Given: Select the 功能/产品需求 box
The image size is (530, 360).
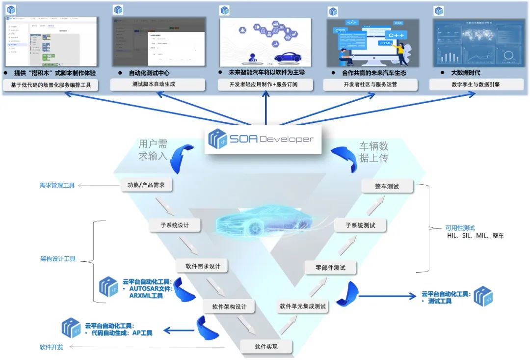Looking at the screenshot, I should tap(147, 186).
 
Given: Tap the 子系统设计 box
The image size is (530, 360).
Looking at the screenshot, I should tap(175, 225).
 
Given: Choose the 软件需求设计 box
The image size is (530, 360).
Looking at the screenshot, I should tap(203, 266).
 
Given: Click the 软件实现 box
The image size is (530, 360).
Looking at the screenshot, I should tap(266, 346).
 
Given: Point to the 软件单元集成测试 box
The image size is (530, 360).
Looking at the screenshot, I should tap(303, 306).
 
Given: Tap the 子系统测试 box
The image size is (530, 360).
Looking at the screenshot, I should tap(360, 225).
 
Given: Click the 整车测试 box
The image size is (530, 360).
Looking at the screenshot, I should tap(387, 187).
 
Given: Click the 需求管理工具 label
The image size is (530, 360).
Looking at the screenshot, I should tap(57, 186).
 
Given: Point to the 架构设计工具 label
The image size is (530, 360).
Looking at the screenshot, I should tap(58, 259).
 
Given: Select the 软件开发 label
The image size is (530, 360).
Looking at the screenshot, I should tap(52, 347).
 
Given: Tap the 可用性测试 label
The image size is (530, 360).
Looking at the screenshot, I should tap(460, 228).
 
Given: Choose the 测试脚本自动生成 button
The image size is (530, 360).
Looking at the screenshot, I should tap(157, 84).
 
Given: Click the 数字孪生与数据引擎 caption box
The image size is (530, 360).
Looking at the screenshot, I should tap(476, 84).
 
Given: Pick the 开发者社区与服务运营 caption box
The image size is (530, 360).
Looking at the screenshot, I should tap(371, 84).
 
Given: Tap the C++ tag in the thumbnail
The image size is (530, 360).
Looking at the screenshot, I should tap(396, 35).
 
